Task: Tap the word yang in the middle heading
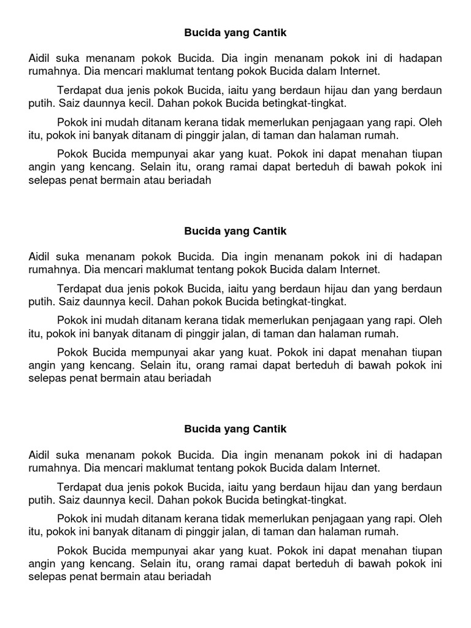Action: coord(235,231)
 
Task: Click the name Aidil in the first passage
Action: coord(40,58)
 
